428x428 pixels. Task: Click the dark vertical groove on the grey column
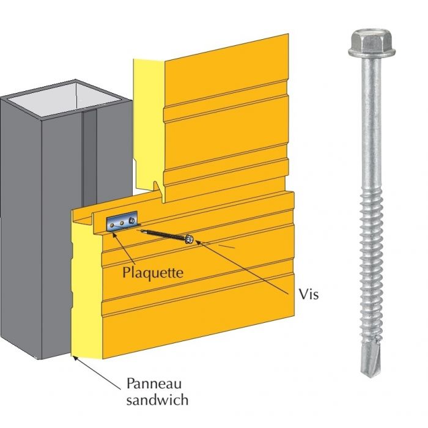point(90,153)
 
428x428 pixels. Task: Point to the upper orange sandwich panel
point(226,122)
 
